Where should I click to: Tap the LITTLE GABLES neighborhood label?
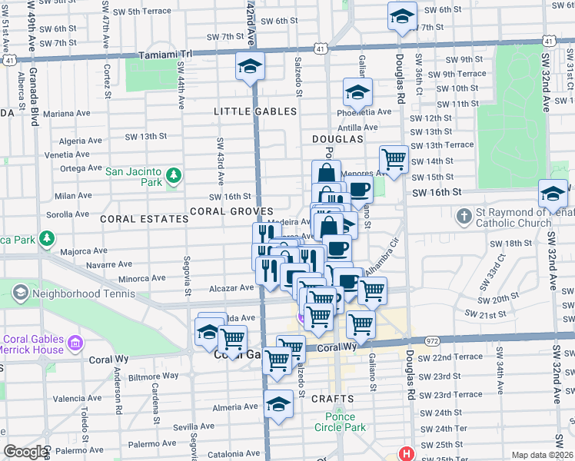pyautogui.click(x=255, y=111)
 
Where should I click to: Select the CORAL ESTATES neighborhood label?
pyautogui.click(x=145, y=219)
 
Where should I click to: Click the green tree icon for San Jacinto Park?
pyautogui.click(x=174, y=177)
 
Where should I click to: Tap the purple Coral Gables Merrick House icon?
pyautogui.click(x=75, y=340)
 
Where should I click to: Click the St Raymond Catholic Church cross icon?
pyautogui.click(x=464, y=216)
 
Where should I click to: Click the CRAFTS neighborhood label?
pyautogui.click(x=333, y=399)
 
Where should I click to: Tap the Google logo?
pyautogui.click(x=25, y=452)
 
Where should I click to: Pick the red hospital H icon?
pyautogui.click(x=405, y=454)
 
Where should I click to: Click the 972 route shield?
pyautogui.click(x=430, y=340)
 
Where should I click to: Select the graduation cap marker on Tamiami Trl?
pyautogui.click(x=250, y=67)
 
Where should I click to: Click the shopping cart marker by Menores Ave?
pyautogui.click(x=394, y=160)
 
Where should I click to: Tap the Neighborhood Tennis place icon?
pyautogui.click(x=20, y=293)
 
